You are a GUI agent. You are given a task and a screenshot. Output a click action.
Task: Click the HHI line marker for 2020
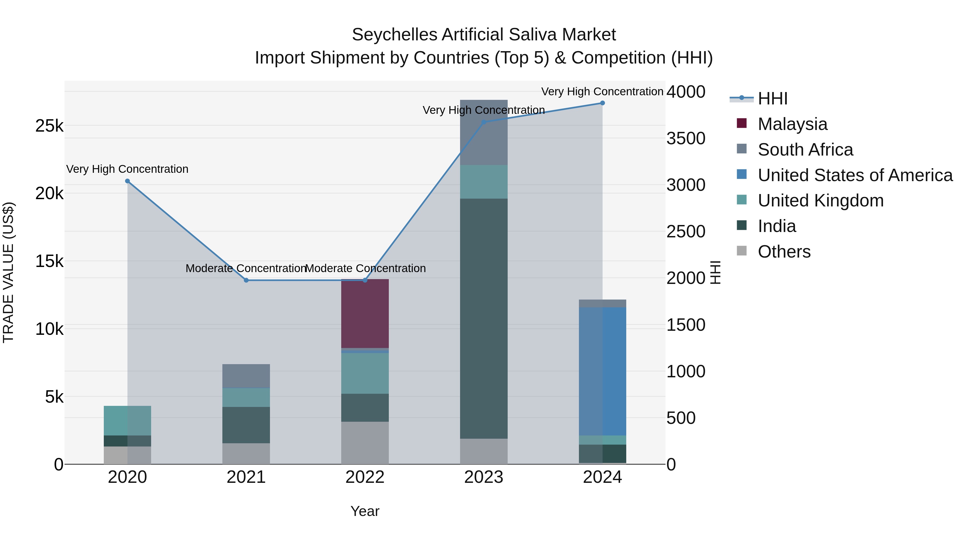[127, 181]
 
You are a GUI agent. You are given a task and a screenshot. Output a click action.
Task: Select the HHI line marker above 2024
[602, 103]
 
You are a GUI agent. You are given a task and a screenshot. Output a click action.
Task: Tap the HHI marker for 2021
[246, 280]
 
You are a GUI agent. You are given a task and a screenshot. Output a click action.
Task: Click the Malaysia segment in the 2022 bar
[365, 314]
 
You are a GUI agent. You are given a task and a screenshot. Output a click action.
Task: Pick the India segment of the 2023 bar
[484, 318]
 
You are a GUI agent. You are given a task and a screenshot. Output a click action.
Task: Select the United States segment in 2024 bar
[602, 371]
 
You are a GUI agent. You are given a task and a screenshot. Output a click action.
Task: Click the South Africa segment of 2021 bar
[246, 376]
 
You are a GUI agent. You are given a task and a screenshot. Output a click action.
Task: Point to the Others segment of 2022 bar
[365, 443]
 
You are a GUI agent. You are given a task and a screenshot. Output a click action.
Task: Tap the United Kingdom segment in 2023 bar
[484, 182]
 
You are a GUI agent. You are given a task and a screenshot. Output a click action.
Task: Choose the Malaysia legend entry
[792, 124]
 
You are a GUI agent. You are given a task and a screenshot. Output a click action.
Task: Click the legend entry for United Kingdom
[820, 201]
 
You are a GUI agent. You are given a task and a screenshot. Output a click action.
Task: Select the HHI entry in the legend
[772, 99]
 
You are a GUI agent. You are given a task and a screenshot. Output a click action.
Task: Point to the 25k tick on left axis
[49, 126]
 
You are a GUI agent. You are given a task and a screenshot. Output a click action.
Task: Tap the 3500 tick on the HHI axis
[686, 138]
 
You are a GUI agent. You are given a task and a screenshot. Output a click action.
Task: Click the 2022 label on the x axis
[365, 477]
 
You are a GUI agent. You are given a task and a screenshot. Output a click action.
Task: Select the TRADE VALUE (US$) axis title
[8, 272]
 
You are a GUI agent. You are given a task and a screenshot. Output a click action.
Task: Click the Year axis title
[365, 511]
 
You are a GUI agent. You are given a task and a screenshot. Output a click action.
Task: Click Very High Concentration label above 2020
[127, 169]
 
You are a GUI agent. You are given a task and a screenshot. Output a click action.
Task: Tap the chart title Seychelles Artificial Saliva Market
[484, 35]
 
